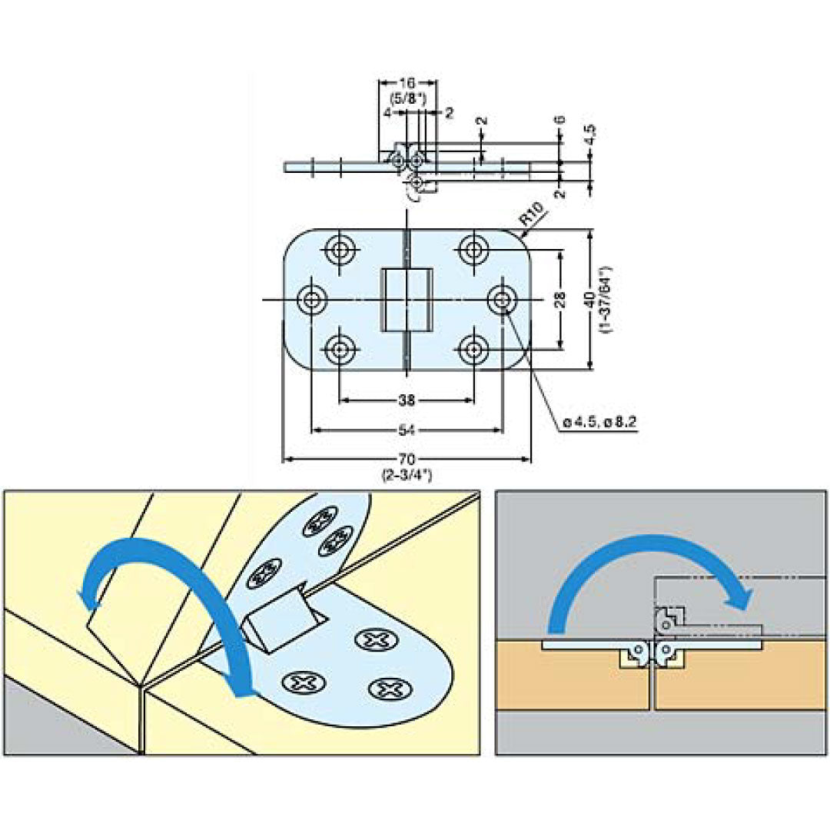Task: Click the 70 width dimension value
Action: (407, 459)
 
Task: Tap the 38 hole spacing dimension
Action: (407, 400)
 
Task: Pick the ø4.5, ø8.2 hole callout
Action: (601, 422)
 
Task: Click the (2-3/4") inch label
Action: (407, 475)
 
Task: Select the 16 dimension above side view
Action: (407, 82)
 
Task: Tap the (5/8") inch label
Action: (408, 98)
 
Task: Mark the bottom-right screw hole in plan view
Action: (475, 350)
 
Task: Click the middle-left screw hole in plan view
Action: (311, 299)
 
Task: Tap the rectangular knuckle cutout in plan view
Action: (407, 299)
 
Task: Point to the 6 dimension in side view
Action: (560, 121)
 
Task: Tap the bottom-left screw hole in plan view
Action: (340, 350)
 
